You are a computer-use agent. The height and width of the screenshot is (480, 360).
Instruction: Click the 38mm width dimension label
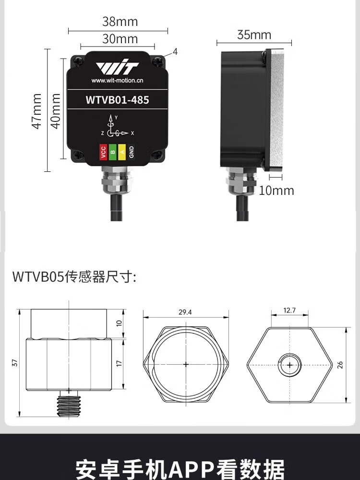tap(120, 22)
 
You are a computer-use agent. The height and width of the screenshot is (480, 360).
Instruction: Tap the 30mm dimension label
tap(120, 39)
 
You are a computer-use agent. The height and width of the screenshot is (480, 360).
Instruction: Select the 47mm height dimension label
tap(37, 111)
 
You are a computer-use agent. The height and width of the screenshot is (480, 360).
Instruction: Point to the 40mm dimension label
tap(55, 111)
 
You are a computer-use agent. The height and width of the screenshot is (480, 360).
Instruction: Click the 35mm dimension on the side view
tap(254, 35)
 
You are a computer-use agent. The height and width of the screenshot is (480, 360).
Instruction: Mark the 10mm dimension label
tap(276, 191)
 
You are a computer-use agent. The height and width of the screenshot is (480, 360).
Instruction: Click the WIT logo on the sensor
tap(117, 68)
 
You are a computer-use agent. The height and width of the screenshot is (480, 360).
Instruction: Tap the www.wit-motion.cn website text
tap(117, 81)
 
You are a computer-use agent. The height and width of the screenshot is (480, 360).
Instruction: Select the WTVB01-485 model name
tap(117, 100)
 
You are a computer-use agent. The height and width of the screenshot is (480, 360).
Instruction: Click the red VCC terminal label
tap(103, 152)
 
